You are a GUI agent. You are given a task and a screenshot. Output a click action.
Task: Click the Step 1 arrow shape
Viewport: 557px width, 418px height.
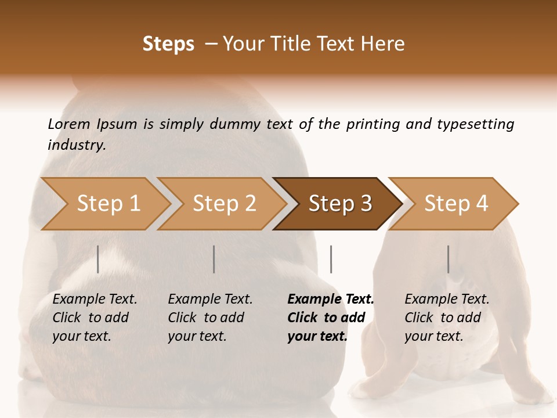[108, 204]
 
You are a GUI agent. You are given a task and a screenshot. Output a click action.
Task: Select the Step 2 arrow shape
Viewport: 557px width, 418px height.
[224, 204]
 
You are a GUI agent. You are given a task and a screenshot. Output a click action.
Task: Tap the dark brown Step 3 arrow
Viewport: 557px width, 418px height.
[340, 204]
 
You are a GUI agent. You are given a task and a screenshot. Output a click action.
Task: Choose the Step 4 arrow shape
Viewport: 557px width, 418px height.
[456, 204]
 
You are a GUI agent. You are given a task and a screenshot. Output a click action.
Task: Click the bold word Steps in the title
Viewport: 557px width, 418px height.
[168, 44]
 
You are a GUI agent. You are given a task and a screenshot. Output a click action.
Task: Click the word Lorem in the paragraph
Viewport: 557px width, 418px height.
[68, 124]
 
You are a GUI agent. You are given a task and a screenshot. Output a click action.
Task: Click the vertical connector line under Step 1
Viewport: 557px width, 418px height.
[98, 259]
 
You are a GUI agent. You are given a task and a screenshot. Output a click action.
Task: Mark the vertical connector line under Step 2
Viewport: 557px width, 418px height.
[214, 259]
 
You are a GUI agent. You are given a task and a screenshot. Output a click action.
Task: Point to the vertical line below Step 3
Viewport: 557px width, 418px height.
[331, 259]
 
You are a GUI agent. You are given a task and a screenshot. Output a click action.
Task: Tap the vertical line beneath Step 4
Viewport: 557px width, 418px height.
[448, 259]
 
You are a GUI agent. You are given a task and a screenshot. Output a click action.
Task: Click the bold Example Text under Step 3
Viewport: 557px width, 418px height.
[331, 299]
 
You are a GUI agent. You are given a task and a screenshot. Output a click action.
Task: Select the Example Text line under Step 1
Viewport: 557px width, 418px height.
[95, 299]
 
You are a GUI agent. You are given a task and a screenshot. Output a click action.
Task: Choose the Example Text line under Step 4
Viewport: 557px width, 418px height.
[447, 299]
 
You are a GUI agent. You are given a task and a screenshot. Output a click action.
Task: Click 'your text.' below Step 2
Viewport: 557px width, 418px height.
[197, 336]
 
